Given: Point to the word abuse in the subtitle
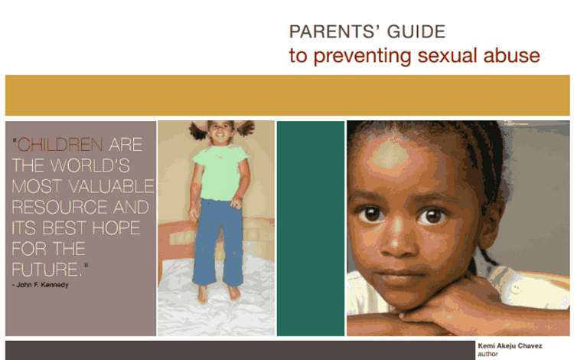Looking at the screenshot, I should pos(513,56).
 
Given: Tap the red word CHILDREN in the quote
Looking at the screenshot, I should pos(60,144).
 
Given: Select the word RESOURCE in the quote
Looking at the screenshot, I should pos(48,207).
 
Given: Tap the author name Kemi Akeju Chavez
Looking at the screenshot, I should pos(509,346).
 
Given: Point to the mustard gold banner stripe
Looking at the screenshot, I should pos(287,95).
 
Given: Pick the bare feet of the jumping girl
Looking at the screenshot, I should pos(218,293).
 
